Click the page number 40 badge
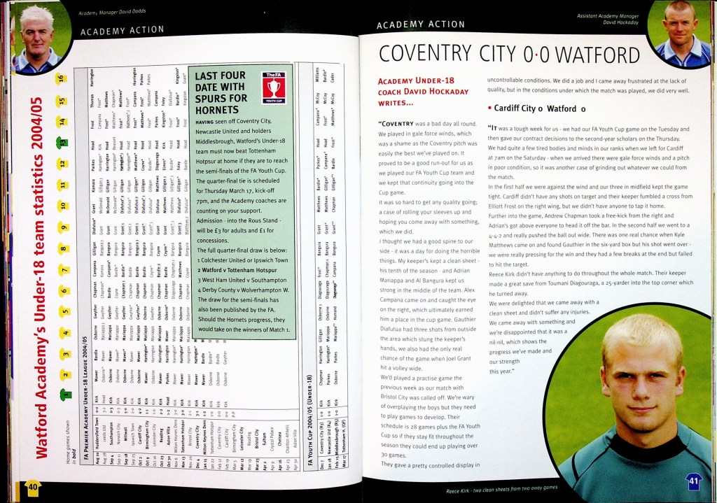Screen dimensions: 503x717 tap(33, 486)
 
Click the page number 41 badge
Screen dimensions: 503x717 tap(692, 482)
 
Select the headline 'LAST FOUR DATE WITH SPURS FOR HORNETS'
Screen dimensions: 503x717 tap(221, 92)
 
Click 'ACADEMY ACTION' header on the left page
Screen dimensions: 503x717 tap(122, 31)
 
